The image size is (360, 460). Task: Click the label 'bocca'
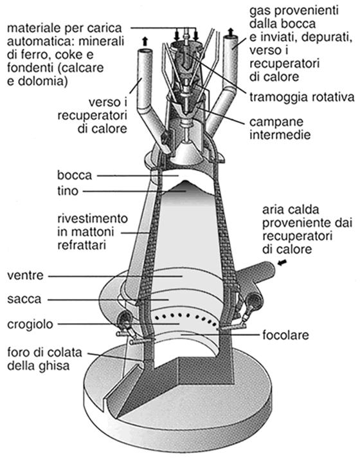point(75,175)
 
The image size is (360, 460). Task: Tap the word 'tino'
point(67,191)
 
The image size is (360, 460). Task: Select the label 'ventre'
point(25,276)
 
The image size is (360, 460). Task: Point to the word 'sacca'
point(24,300)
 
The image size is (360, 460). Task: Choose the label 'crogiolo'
point(30,324)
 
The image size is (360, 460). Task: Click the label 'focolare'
point(286,335)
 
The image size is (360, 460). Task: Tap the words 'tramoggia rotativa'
point(302,97)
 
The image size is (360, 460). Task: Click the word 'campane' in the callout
point(276,122)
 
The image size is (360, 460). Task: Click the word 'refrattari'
point(82,245)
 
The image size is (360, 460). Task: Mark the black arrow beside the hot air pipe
point(282,263)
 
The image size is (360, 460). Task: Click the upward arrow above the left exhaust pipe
point(145,41)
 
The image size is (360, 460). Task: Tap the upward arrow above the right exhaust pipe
point(231,32)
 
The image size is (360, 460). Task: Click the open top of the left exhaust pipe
point(145,51)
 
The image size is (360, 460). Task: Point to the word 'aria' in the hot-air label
point(273,210)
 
